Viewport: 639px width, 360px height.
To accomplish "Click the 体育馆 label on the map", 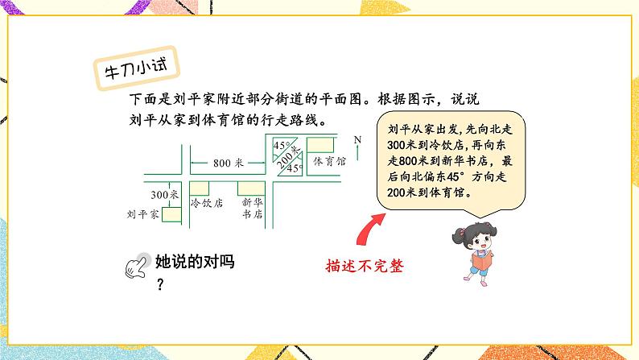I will click(x=329, y=161).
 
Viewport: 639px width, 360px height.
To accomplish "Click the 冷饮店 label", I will click(x=205, y=204).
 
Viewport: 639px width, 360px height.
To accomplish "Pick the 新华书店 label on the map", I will click(x=253, y=209).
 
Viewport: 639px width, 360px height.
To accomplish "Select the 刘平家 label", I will click(x=142, y=215).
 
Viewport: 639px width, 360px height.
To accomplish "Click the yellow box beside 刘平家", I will click(x=171, y=214).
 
